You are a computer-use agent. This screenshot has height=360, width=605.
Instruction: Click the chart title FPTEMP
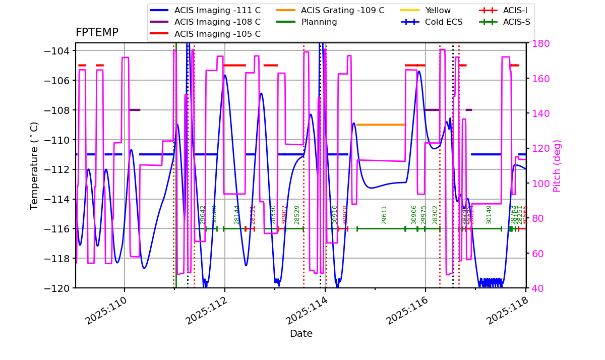pyautogui.click(x=97, y=33)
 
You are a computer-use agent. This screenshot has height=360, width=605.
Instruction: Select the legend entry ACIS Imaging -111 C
pyautogui.click(x=217, y=10)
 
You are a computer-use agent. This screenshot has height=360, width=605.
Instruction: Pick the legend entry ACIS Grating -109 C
pyautogui.click(x=342, y=10)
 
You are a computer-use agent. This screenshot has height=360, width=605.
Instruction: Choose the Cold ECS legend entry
pyautogui.click(x=444, y=22)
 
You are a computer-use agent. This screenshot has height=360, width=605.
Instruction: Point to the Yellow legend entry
pyautogui.click(x=438, y=10)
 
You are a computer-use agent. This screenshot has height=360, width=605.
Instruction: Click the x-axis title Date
pyautogui.click(x=301, y=334)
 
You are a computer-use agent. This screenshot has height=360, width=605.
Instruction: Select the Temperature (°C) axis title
pyautogui.click(x=34, y=165)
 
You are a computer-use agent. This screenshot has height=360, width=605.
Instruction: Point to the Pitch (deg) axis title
pyautogui.click(x=557, y=165)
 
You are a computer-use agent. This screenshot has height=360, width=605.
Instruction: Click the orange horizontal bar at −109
pyautogui.click(x=381, y=125)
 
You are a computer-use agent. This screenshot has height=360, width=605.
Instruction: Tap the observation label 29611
pyautogui.click(x=384, y=215)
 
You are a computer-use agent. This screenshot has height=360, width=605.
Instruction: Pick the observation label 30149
pyautogui.click(x=489, y=215)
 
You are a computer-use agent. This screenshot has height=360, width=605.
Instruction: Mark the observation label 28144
pyautogui.click(x=237, y=215)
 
